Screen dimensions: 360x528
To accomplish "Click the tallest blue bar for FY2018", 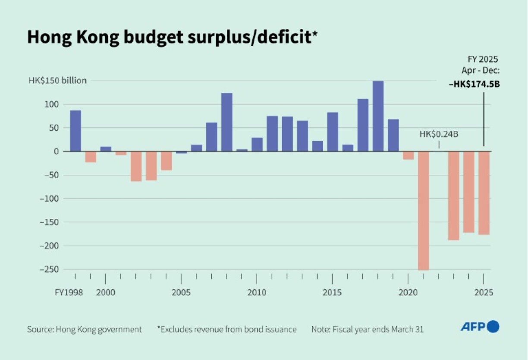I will click(x=378, y=116).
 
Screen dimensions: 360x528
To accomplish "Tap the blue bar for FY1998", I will click(x=75, y=131).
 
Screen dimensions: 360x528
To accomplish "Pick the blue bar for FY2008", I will click(x=227, y=122).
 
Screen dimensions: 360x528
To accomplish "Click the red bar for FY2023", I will click(x=453, y=196).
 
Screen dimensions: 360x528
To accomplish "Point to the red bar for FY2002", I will click(x=136, y=166).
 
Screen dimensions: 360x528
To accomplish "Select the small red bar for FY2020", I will click(x=408, y=155).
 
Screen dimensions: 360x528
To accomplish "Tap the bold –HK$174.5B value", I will click(x=474, y=84).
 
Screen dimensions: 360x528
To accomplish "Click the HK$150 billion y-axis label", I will click(x=58, y=81).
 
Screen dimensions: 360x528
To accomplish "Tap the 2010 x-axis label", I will click(x=257, y=292).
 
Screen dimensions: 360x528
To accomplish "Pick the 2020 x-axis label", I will click(x=408, y=292).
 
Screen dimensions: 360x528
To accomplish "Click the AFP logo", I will click(x=480, y=327).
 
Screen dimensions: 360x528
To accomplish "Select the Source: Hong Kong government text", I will click(x=85, y=329).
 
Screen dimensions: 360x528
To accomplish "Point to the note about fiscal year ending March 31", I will click(x=367, y=329).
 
